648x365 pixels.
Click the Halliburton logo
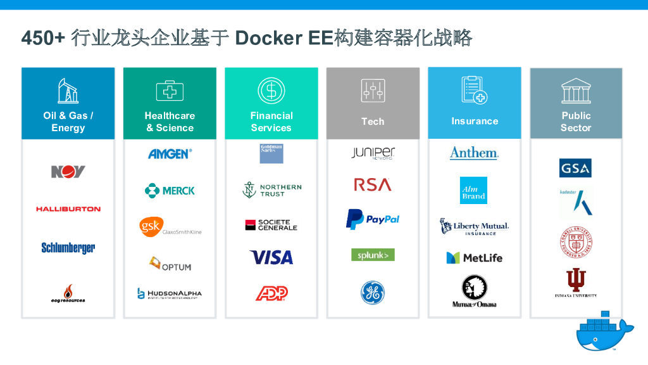(x=68, y=208)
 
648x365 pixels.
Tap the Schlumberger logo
(x=68, y=248)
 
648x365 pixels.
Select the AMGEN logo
(x=170, y=153)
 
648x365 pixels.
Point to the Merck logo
(x=170, y=190)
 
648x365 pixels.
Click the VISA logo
(x=271, y=257)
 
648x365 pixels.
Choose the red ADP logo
(x=271, y=293)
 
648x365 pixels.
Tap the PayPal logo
(x=373, y=219)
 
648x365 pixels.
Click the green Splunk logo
(x=373, y=255)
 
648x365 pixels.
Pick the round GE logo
(x=373, y=291)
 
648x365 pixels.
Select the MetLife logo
(x=474, y=258)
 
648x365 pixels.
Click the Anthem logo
(x=474, y=153)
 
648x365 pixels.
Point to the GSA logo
(x=575, y=168)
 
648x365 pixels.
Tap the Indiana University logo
(x=576, y=283)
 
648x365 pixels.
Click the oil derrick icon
(x=68, y=91)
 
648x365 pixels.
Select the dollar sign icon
(x=271, y=91)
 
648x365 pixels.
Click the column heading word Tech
(x=373, y=121)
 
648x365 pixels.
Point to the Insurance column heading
(x=475, y=121)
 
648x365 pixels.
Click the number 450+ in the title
(x=43, y=38)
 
